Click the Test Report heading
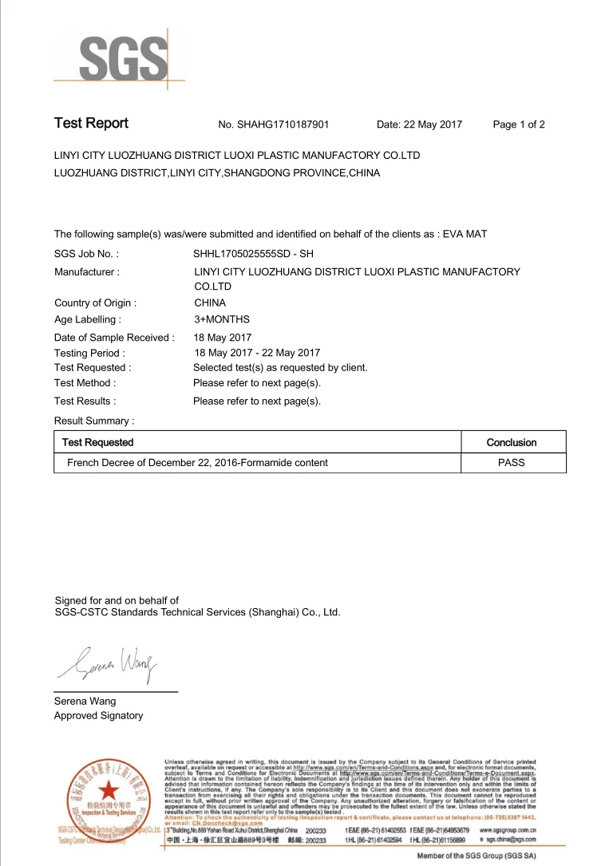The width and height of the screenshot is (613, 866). pyautogui.click(x=91, y=124)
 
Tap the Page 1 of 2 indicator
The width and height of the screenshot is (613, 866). pyautogui.click(x=519, y=125)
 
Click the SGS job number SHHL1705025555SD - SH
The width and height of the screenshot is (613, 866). pyautogui.click(x=252, y=254)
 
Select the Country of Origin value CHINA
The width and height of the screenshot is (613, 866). pyautogui.click(x=210, y=303)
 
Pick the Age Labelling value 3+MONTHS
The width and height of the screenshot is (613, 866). pyautogui.click(x=222, y=319)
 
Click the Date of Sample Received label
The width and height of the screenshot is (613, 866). pyautogui.click(x=114, y=338)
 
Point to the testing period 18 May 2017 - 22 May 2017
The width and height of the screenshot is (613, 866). pyautogui.click(x=257, y=353)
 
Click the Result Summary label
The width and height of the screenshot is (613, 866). pyautogui.click(x=94, y=421)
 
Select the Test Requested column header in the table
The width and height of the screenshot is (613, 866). pyautogui.click(x=98, y=442)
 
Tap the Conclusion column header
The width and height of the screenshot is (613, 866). pyautogui.click(x=512, y=442)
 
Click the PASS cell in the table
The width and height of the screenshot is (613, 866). pyautogui.click(x=512, y=462)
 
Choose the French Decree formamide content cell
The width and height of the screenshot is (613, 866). pyautogui.click(x=197, y=462)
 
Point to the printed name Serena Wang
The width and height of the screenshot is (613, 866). pyautogui.click(x=85, y=701)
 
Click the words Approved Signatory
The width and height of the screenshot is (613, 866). pyautogui.click(x=98, y=715)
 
